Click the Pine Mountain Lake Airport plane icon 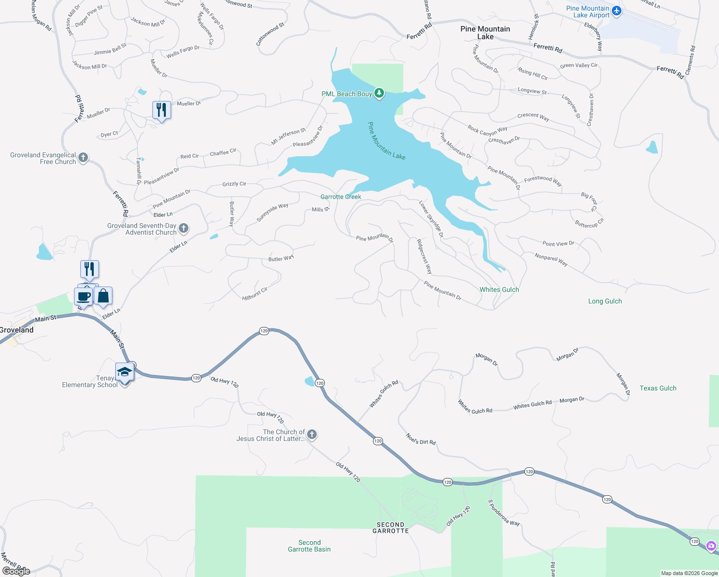pyautogui.click(x=617, y=11)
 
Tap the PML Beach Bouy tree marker pyautogui.click(x=379, y=93)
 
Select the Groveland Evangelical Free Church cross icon pyautogui.click(x=83, y=157)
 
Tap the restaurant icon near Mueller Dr pyautogui.click(x=161, y=110)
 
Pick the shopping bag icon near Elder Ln pyautogui.click(x=103, y=296)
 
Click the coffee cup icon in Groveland pyautogui.click(x=84, y=296)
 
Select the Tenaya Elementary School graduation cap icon pyautogui.click(x=124, y=372)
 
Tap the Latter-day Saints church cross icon pyautogui.click(x=312, y=435)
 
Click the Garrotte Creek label pyautogui.click(x=341, y=197)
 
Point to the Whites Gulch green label pyautogui.click(x=499, y=289)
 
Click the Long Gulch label pyautogui.click(x=605, y=301)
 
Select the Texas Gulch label pyautogui.click(x=658, y=388)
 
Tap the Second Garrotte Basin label pyautogui.click(x=310, y=546)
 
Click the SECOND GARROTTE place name pyautogui.click(x=391, y=527)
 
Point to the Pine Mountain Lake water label pyautogui.click(x=386, y=141)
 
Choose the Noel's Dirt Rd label pyautogui.click(x=421, y=439)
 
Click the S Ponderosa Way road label pyautogui.click(x=504, y=513)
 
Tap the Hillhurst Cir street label pyautogui.click(x=255, y=294)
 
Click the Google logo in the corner pyautogui.click(x=16, y=571)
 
